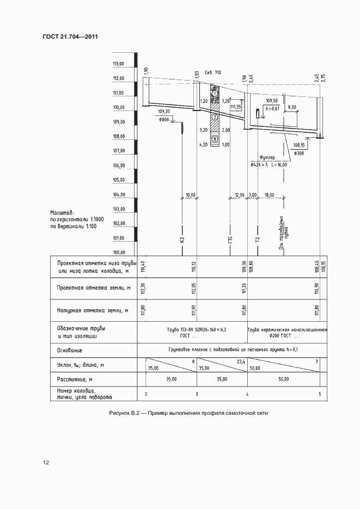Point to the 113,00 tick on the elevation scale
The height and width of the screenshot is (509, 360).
[x=119, y=64]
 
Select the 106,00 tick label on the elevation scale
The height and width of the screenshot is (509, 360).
[x=119, y=165]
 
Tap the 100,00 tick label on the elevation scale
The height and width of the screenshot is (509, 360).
[x=119, y=252]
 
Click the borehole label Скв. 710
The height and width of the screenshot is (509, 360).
[x=213, y=72]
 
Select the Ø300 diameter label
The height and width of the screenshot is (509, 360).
[x=299, y=154]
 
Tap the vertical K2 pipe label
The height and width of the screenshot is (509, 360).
[x=182, y=239]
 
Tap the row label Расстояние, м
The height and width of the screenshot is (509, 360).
[x=75, y=378]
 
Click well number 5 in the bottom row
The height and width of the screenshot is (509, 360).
[x=320, y=394]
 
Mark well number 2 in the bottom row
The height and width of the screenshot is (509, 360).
[x=146, y=394]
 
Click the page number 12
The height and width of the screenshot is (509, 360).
[x=46, y=462]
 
